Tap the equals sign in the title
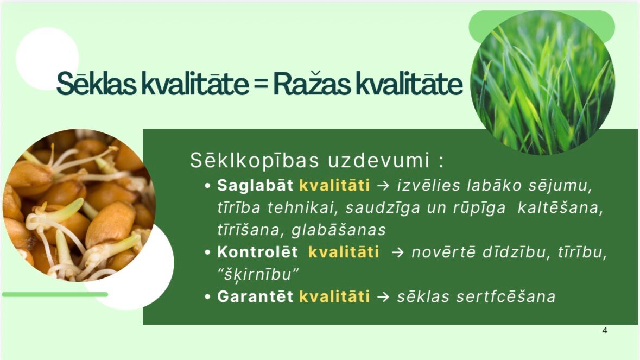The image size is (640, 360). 261,84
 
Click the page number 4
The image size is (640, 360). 605,331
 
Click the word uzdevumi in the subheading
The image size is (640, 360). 378,160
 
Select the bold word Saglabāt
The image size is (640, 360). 255,185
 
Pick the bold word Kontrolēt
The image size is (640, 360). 257,252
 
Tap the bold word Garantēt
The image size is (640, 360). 255,296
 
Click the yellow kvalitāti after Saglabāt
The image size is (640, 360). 334,185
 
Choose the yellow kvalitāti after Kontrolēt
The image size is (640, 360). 343,252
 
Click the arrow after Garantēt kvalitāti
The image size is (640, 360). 383,296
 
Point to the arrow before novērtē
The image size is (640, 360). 397,252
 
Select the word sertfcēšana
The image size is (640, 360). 506,296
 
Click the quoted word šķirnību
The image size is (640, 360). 258,274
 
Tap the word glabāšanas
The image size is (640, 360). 339,230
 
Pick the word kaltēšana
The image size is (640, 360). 560,208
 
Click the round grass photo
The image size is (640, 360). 542,83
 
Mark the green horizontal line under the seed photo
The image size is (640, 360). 55,294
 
